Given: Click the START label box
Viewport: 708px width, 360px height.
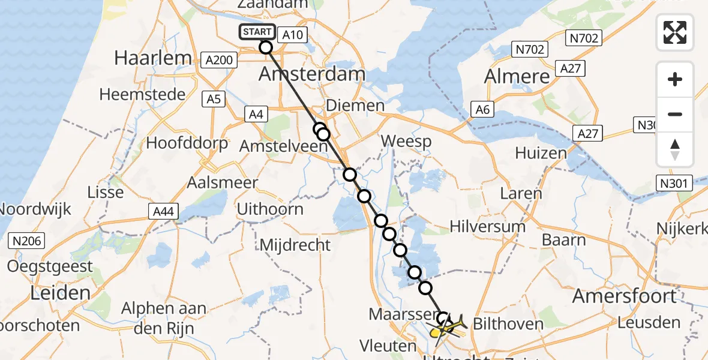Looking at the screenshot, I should [x=258, y=32].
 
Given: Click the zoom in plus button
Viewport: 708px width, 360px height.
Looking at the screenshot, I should [x=675, y=79].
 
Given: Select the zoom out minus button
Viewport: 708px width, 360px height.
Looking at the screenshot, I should [x=675, y=114].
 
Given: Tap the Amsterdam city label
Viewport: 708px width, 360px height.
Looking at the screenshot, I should [x=311, y=74].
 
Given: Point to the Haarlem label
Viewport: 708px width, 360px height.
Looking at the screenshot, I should [x=153, y=58].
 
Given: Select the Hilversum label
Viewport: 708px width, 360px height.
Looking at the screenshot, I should [x=488, y=226].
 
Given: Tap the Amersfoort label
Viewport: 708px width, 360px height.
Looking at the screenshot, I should [x=625, y=295].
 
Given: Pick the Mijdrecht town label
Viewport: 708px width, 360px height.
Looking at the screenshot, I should [x=295, y=245].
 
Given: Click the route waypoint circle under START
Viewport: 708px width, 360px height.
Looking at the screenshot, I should [x=266, y=47].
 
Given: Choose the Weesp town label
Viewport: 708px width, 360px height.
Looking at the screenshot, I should [x=406, y=142].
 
